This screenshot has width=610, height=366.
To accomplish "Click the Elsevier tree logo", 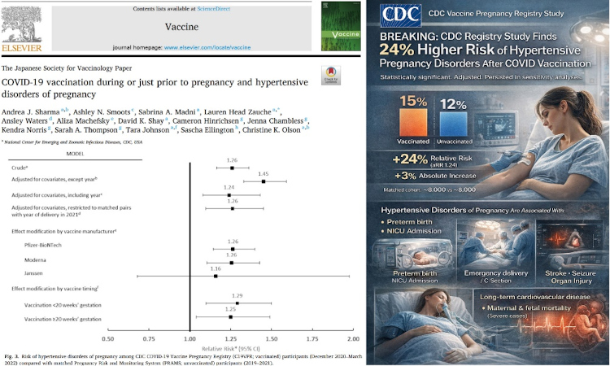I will click(24, 23).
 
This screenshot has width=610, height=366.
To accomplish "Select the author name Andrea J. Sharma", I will click(33, 106).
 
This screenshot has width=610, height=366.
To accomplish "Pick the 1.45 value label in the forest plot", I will click(264, 172).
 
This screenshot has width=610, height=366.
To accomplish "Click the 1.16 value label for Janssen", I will click(215, 268).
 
